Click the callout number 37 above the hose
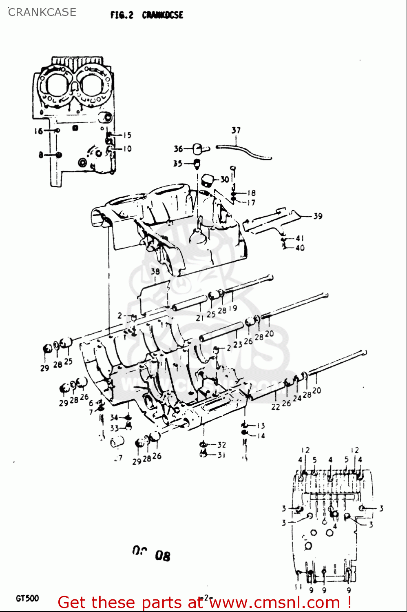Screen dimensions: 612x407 point(236,130)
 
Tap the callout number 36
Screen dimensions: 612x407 point(178,149)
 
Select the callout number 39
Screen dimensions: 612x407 point(318,216)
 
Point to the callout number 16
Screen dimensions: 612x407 point(38,131)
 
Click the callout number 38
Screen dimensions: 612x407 point(155,271)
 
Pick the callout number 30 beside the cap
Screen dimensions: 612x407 point(225,179)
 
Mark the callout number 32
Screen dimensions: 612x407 point(221,445)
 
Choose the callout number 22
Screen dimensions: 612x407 point(276,407)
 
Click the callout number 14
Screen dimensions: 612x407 point(261,436)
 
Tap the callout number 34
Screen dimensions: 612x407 point(114,417)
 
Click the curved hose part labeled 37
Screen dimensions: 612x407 point(245,151)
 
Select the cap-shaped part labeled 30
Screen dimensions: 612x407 point(208,180)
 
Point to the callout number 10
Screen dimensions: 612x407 point(127,149)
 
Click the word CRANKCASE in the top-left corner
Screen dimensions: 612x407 point(42,12)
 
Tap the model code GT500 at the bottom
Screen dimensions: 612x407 point(27,599)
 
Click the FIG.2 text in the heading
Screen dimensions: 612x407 point(122,15)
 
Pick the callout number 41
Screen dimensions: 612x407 point(300,238)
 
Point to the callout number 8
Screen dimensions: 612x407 point(41,155)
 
